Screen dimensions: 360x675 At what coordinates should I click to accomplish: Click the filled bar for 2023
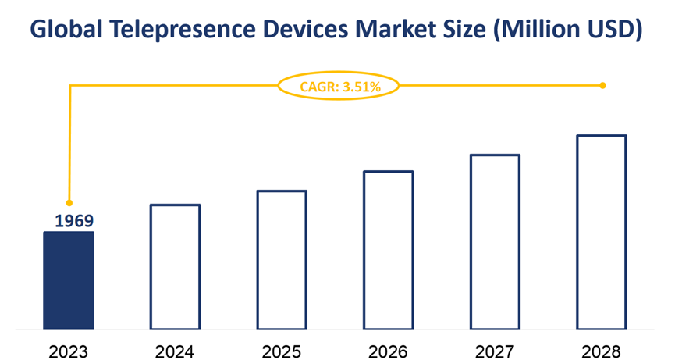tap(69, 280)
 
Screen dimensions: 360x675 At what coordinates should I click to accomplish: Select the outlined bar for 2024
tap(176, 266)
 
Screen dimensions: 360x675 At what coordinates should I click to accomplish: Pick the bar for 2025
tap(282, 259)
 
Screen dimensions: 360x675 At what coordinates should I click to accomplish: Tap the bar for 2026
tap(389, 250)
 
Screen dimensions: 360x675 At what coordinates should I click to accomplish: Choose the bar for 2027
tap(495, 241)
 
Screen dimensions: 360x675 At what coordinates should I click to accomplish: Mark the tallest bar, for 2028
tap(602, 232)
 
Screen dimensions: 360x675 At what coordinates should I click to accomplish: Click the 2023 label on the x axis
tap(69, 347)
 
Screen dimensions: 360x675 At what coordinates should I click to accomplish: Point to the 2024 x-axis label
tap(176, 347)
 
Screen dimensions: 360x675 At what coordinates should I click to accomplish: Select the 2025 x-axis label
tap(282, 347)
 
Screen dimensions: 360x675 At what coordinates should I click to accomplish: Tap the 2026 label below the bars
tap(389, 347)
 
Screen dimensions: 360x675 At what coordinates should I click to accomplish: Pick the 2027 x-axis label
tap(495, 347)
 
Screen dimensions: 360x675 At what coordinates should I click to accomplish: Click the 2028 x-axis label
tap(602, 347)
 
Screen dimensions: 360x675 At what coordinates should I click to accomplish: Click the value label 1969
tap(73, 221)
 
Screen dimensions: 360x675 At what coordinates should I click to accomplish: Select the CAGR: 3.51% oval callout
tap(339, 86)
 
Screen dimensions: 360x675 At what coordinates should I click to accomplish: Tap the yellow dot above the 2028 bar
tap(602, 85)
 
